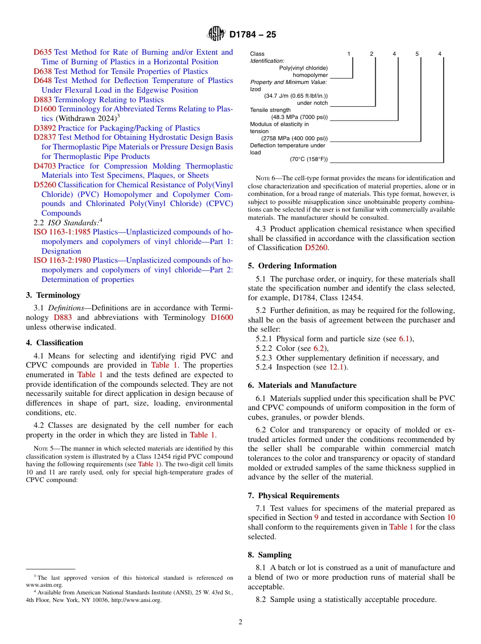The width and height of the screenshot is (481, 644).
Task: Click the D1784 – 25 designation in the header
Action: pyautogui.click(x=253, y=35)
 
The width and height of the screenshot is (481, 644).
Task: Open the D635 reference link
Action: pyautogui.click(x=43, y=52)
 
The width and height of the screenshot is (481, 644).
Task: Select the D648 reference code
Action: pyautogui.click(x=43, y=80)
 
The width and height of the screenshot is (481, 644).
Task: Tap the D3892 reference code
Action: pyautogui.click(x=45, y=128)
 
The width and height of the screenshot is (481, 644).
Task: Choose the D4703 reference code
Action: pyautogui.click(x=45, y=166)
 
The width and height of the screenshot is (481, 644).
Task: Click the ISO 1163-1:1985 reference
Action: pyautogui.click(x=62, y=232)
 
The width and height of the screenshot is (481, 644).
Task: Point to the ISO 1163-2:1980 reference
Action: pyautogui.click(x=62, y=261)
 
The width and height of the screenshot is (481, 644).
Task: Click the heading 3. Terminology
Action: pyautogui.click(x=53, y=295)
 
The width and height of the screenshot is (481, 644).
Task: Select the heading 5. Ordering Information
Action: pyautogui.click(x=292, y=266)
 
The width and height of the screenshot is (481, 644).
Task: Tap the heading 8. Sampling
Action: pyautogui.click(x=269, y=555)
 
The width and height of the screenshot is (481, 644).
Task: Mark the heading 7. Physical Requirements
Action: pyautogui.click(x=294, y=496)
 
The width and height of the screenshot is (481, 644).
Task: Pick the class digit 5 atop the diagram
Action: pyautogui.click(x=417, y=54)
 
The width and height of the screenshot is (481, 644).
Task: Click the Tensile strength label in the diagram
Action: pyautogui.click(x=270, y=110)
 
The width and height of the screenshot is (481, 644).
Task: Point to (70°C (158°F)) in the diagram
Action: pyautogui.click(x=308, y=159)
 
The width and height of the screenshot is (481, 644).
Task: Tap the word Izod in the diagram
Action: pyautogui.click(x=256, y=89)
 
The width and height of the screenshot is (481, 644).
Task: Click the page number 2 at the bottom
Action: pyautogui.click(x=240, y=622)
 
